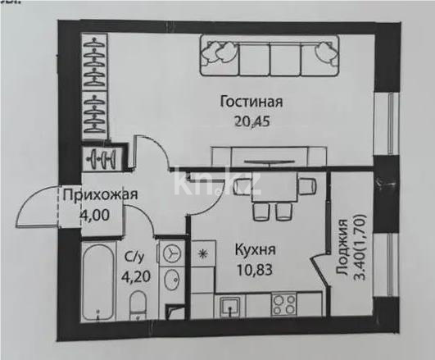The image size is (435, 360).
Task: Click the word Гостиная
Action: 251,103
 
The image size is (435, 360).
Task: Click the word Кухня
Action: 254,248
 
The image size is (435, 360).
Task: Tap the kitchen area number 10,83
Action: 254,268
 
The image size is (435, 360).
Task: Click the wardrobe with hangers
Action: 97,86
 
